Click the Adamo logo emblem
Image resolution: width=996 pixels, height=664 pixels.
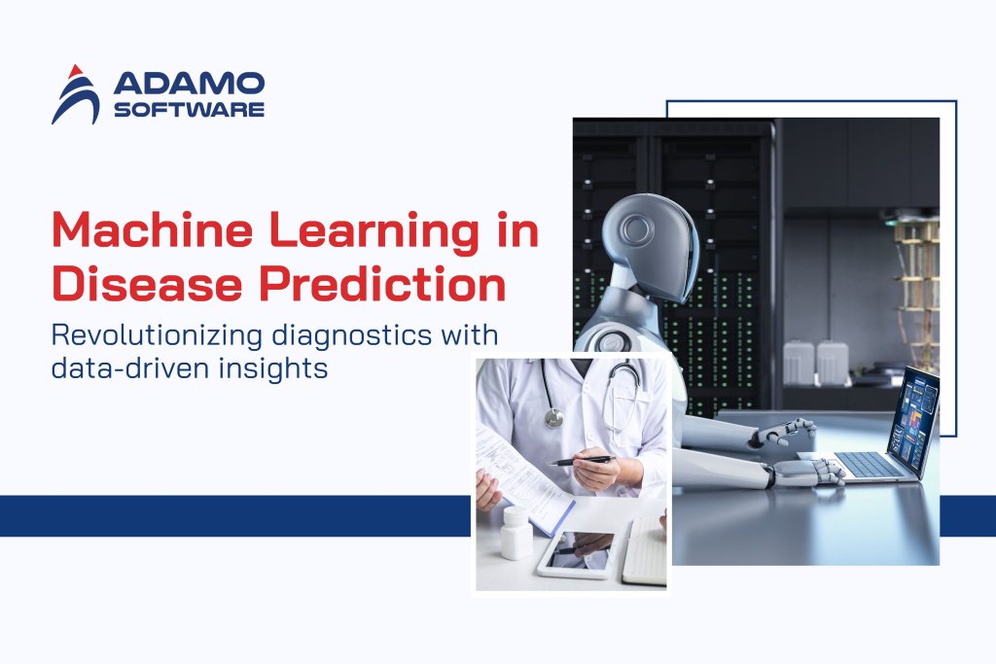point(75,94)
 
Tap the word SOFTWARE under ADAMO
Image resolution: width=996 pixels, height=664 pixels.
point(189,110)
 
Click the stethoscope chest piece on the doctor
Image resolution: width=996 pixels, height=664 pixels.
point(553,417)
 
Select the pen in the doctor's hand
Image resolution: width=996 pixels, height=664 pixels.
point(581,461)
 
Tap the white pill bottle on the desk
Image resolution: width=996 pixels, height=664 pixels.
point(516,533)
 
